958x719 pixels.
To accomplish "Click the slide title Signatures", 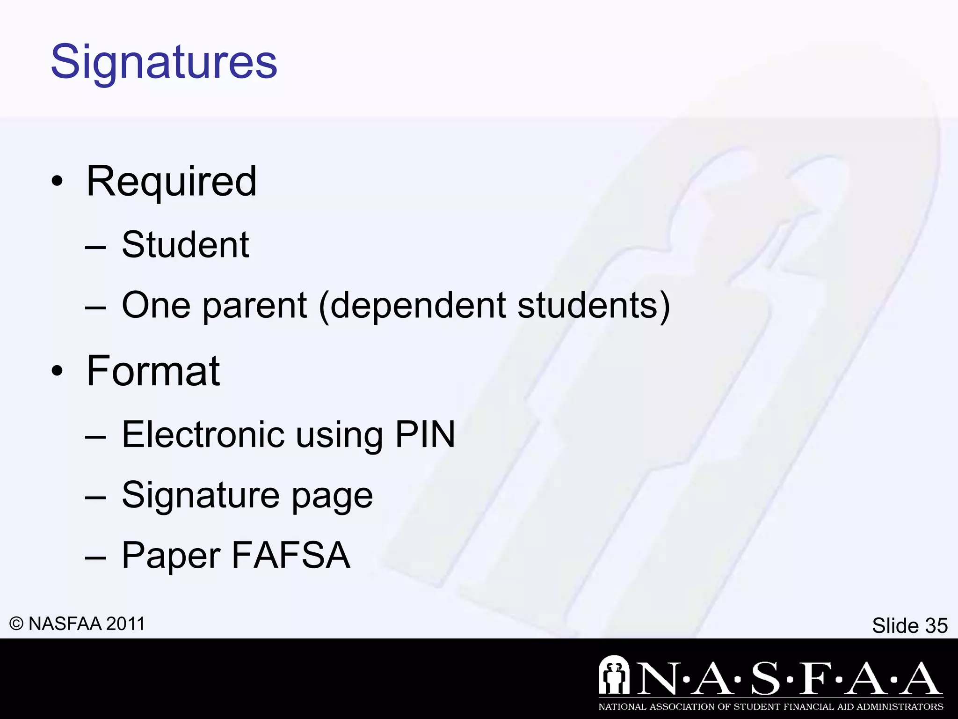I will (x=164, y=62).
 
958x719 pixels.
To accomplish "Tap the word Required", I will (x=171, y=182).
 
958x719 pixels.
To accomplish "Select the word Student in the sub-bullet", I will (x=185, y=245).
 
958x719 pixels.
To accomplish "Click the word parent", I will (x=254, y=306).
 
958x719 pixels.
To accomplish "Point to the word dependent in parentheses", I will (x=418, y=306).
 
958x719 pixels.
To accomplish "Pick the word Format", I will (x=153, y=371).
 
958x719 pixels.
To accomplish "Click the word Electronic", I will (x=203, y=434).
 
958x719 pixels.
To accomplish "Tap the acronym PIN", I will (x=425, y=434).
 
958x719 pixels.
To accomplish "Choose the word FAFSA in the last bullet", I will (x=290, y=555).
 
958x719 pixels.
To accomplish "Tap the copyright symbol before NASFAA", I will (x=16, y=624).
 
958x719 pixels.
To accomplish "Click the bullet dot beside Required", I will (x=57, y=182).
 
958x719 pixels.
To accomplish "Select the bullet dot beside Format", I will (x=57, y=371).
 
